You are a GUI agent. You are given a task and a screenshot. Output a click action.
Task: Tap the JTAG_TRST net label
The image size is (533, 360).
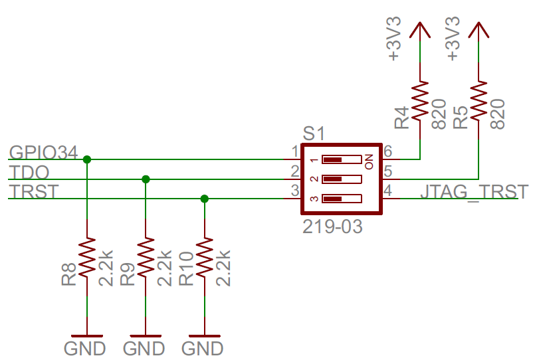(475, 192)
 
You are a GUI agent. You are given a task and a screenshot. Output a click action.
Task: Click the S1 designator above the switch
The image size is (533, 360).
(313, 134)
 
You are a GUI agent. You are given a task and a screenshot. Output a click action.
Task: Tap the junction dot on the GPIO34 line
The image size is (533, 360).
(87, 159)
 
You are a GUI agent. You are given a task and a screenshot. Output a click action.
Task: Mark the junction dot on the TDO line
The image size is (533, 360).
(146, 179)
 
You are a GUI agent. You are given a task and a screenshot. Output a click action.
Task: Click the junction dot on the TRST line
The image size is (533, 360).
(204, 199)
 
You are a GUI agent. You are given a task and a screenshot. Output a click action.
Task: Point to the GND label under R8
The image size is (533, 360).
(85, 348)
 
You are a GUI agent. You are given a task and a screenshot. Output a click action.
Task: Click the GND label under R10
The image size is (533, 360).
(202, 348)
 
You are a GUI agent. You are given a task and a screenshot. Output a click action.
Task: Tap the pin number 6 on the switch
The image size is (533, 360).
(388, 152)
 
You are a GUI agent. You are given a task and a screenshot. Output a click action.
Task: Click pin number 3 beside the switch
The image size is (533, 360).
(294, 192)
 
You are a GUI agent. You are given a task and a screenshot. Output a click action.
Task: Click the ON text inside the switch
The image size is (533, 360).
(369, 159)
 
